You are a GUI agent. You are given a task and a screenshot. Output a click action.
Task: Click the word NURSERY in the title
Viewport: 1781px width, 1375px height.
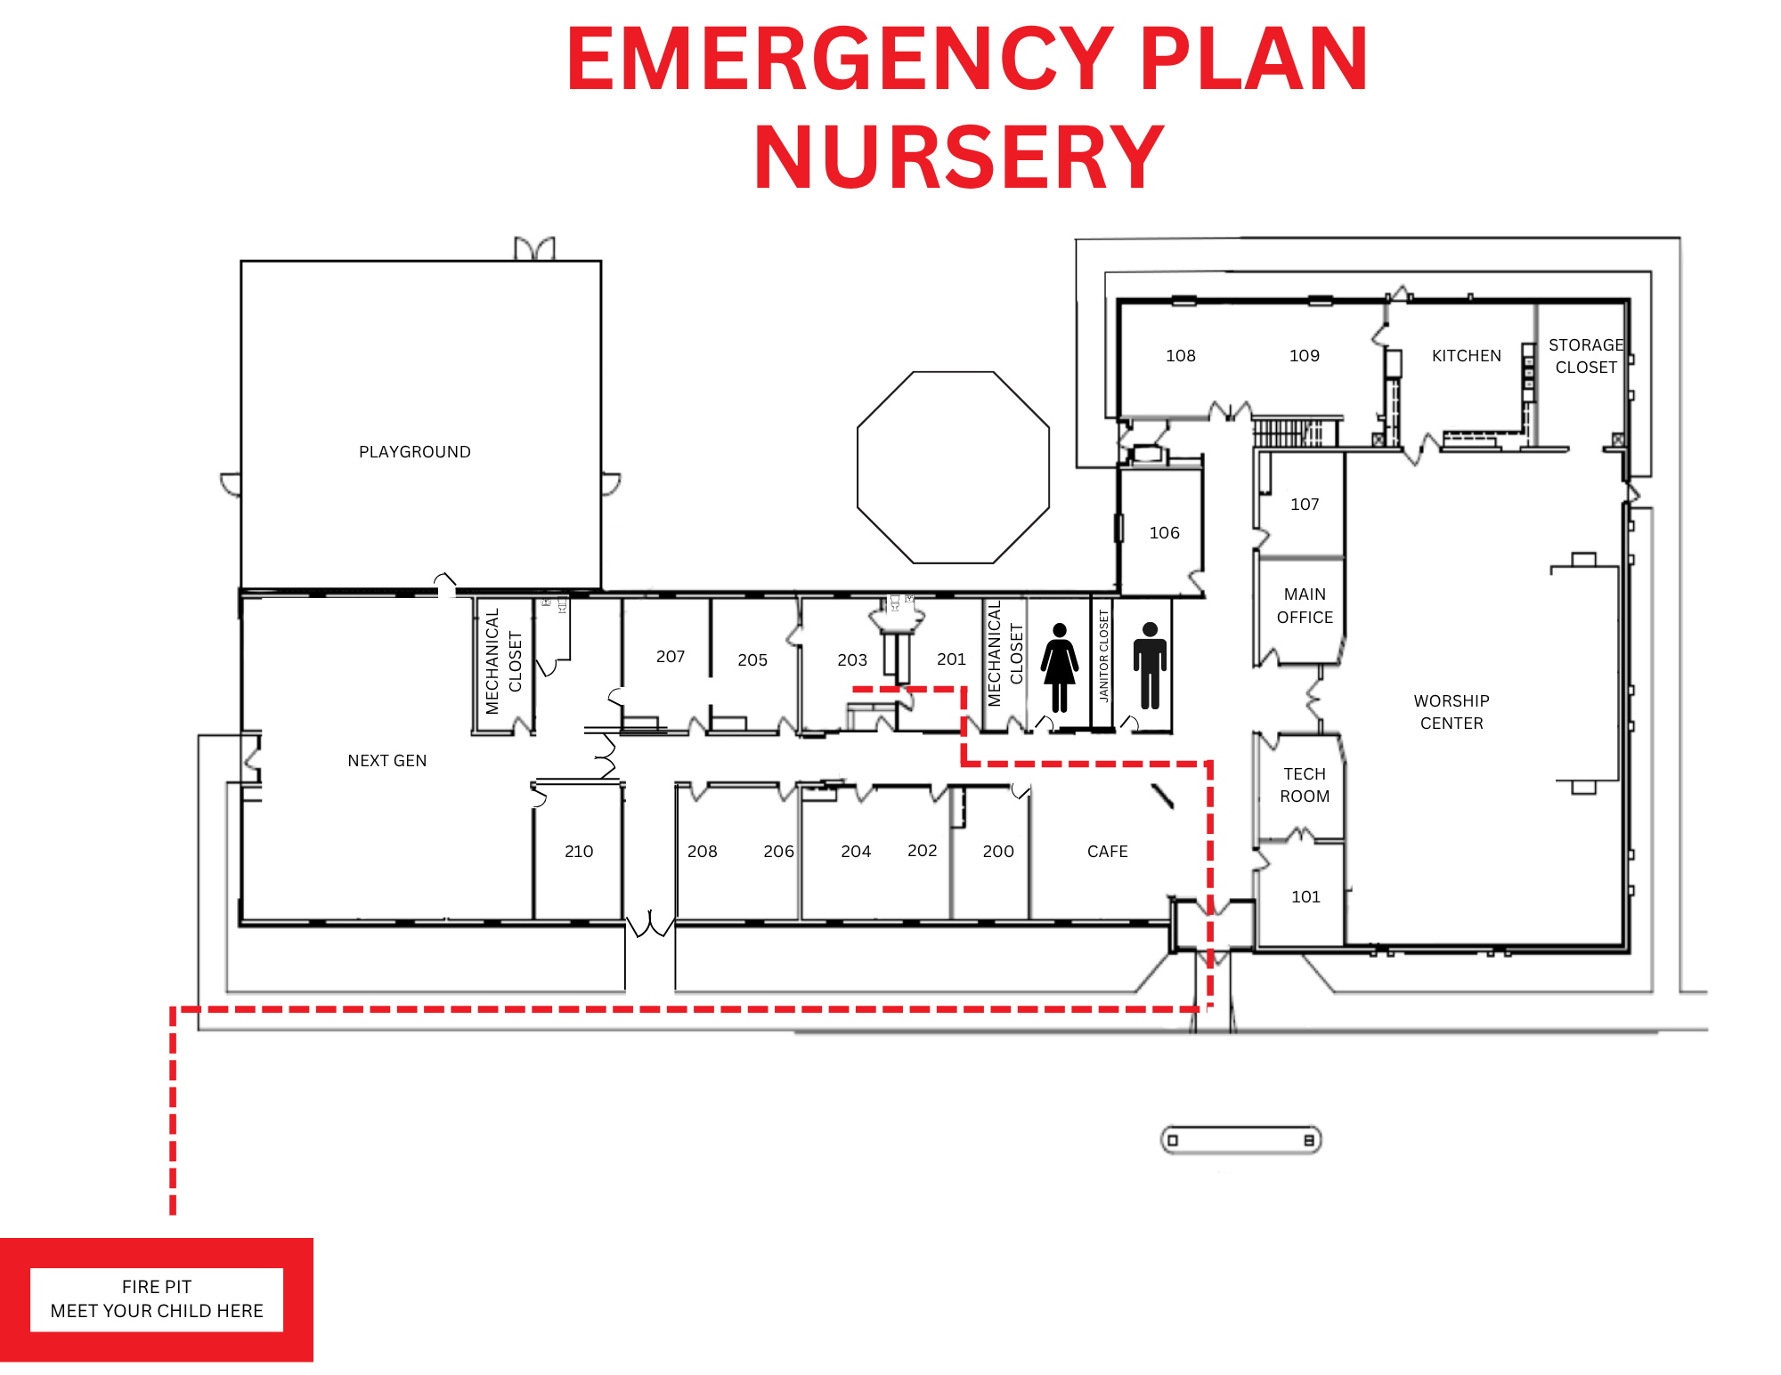click(x=959, y=158)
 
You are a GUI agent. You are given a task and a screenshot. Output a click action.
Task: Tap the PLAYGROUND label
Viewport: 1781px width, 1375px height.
click(x=415, y=452)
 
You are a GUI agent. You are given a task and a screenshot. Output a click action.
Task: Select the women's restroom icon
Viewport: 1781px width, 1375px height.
click(x=1060, y=667)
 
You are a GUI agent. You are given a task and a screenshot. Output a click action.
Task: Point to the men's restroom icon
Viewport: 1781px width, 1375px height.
click(x=1150, y=666)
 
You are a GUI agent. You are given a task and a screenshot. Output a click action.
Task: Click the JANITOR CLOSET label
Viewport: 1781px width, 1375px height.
click(x=1104, y=656)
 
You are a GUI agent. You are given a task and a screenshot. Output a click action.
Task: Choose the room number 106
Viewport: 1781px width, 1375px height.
click(x=1164, y=533)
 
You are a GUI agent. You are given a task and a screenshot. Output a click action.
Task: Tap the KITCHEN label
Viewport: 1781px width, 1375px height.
click(x=1467, y=356)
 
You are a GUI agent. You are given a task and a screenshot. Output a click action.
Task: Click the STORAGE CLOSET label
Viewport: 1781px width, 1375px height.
click(x=1586, y=356)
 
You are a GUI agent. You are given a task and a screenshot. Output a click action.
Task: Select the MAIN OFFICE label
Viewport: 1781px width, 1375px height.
click(x=1305, y=605)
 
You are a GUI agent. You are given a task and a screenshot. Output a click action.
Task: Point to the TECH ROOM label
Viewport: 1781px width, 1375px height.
click(x=1305, y=785)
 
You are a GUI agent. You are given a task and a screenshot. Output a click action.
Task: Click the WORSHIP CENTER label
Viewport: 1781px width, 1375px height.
click(x=1452, y=712)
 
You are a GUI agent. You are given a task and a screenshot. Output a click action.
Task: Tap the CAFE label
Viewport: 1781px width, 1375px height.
click(x=1108, y=852)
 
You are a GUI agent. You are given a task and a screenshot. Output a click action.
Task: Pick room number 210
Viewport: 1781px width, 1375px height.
click(x=579, y=852)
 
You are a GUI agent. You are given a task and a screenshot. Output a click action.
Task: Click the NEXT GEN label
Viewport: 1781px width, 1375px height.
click(x=387, y=761)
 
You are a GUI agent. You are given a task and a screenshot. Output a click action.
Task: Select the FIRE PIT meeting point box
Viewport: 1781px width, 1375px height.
click(x=157, y=1299)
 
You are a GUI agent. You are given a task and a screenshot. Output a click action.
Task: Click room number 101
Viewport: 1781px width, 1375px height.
click(x=1305, y=897)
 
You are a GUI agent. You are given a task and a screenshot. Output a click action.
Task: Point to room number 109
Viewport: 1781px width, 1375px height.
click(x=1305, y=356)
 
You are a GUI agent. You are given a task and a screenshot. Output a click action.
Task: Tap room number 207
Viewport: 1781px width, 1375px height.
click(x=671, y=657)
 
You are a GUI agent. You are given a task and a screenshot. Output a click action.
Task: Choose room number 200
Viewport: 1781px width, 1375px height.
click(x=998, y=852)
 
